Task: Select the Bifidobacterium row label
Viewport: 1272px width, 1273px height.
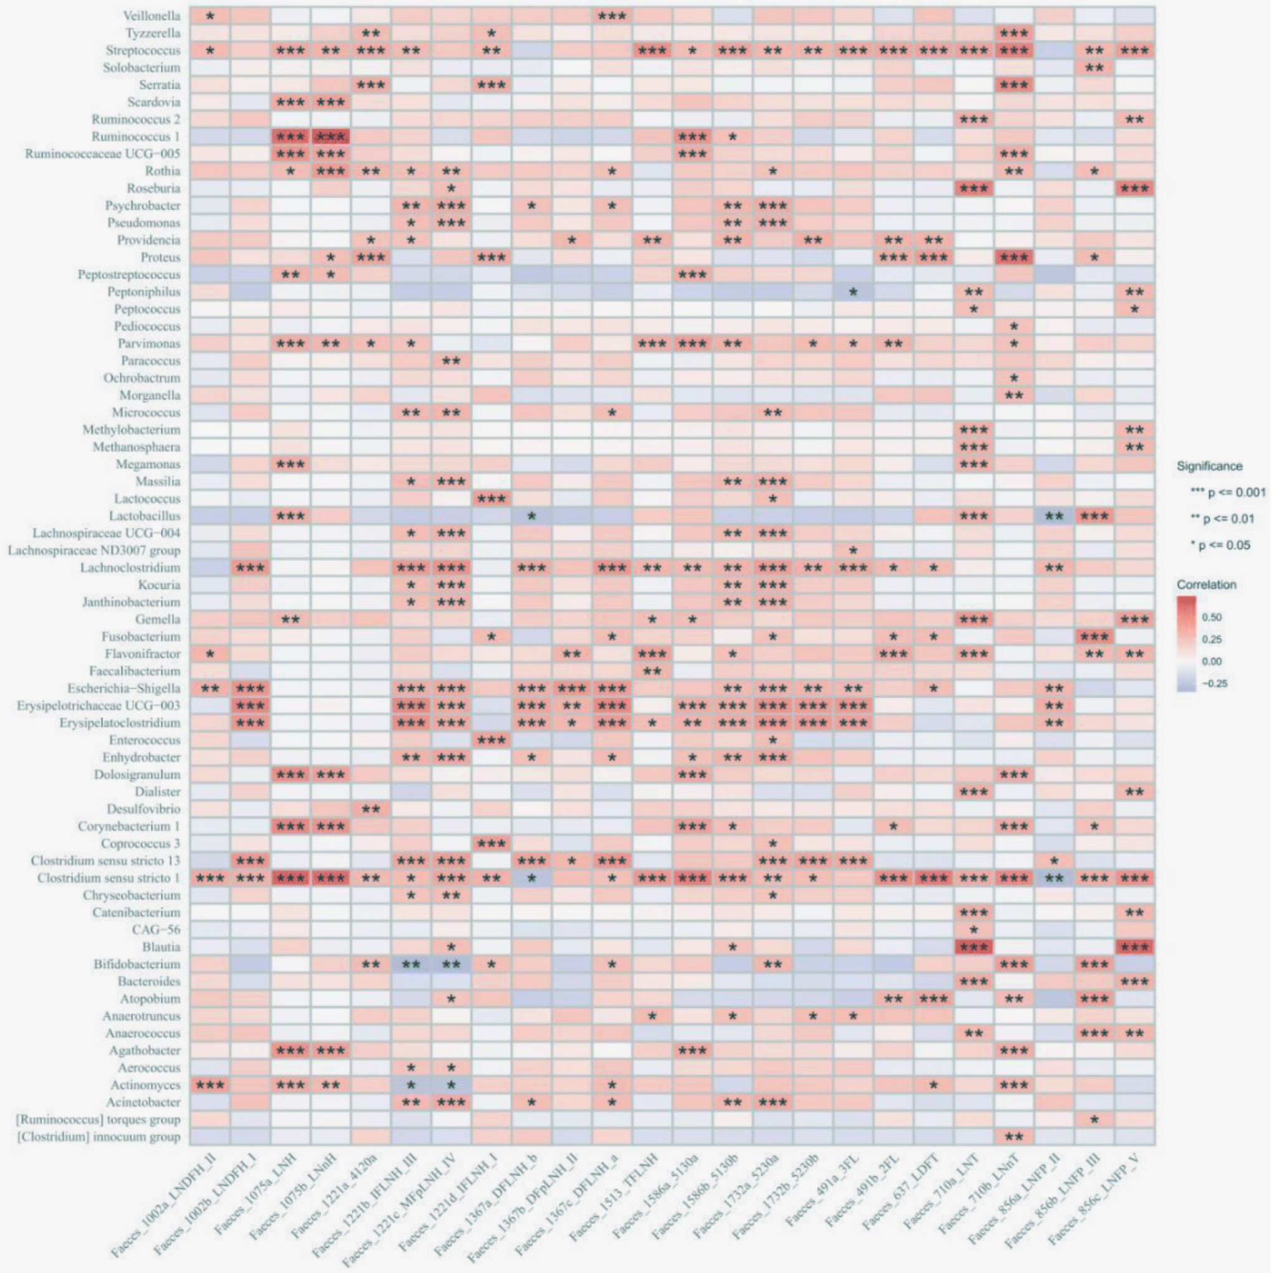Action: [136, 964]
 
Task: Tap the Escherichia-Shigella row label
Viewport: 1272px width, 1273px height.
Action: [123, 689]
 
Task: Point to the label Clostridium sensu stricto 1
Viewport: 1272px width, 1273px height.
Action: [108, 878]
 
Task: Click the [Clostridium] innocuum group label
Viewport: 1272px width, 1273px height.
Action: [98, 1137]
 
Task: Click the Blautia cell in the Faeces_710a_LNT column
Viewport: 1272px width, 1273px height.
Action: [974, 947]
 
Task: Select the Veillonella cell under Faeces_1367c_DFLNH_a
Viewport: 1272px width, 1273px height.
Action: [612, 16]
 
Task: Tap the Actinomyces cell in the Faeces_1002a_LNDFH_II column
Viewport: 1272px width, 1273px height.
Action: [210, 1085]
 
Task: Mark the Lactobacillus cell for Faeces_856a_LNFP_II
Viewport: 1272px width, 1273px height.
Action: [1054, 516]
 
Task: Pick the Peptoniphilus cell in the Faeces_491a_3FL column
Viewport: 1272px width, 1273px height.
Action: [853, 292]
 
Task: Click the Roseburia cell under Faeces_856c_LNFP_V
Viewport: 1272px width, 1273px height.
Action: [1134, 188]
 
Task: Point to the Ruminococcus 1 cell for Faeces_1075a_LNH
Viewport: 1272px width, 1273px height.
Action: [290, 136]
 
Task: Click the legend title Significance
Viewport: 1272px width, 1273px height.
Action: [1210, 467]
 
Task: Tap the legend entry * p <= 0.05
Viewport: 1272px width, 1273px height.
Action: [1221, 545]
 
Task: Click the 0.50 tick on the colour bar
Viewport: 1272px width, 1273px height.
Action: [1212, 617]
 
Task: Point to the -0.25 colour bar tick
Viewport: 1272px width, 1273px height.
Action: [1214, 684]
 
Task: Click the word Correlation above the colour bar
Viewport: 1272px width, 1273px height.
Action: [1206, 584]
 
